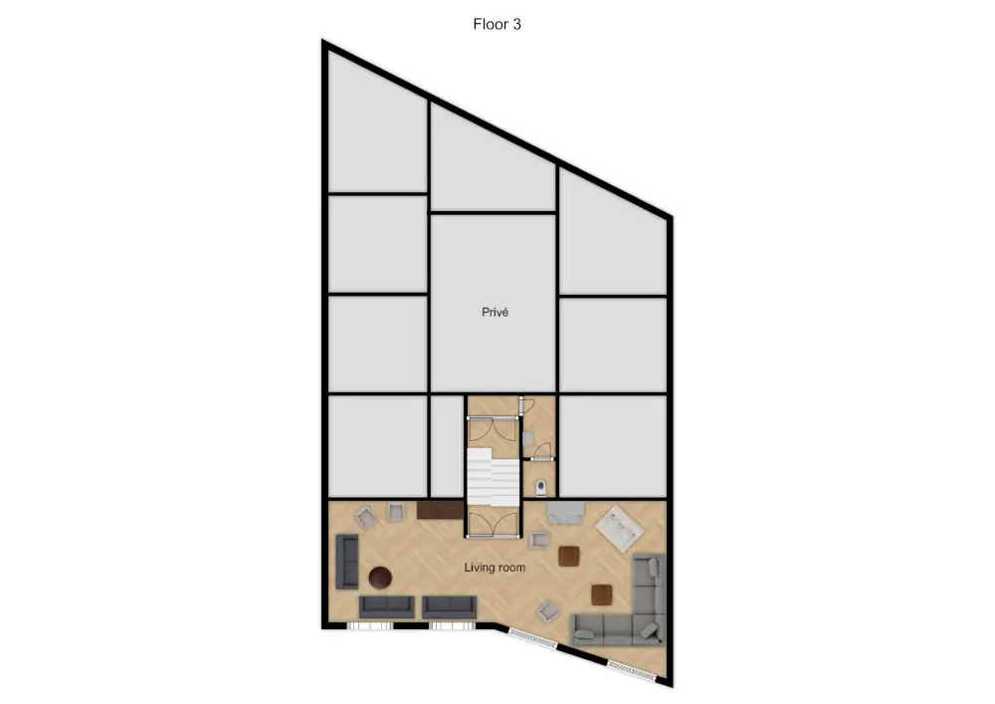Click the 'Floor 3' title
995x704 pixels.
coord(497,25)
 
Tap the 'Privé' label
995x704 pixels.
coord(496,312)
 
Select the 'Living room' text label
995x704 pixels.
coord(495,568)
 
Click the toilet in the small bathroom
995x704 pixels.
coord(541,487)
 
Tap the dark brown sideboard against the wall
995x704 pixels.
coord(440,510)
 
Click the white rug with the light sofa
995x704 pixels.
coord(619,528)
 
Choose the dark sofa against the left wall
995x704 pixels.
coord(347,561)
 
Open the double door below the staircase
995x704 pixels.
coord(493,523)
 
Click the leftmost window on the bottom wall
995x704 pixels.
coord(371,625)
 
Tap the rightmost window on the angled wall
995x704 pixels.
coord(634,669)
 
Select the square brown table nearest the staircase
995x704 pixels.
coord(569,556)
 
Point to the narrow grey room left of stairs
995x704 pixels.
coord(446,445)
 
